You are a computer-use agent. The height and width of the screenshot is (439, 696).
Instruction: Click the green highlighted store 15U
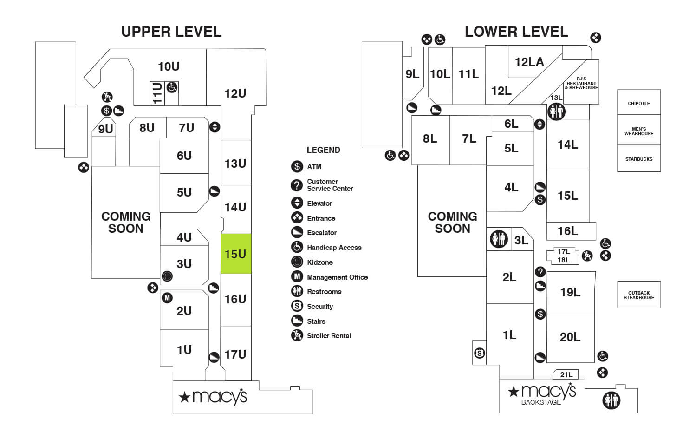click(x=236, y=254)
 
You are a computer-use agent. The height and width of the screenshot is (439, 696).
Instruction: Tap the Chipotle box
click(x=638, y=103)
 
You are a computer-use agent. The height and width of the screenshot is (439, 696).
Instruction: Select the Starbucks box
click(x=638, y=159)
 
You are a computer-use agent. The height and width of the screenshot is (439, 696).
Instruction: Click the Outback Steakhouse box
click(x=638, y=295)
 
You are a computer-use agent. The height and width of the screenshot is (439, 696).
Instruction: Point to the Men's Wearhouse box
click(x=638, y=131)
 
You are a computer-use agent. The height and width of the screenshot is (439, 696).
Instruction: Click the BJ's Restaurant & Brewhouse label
click(x=581, y=83)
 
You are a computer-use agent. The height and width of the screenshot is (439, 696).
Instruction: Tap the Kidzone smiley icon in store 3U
click(x=167, y=276)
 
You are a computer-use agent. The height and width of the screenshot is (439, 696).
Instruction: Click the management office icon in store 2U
click(x=167, y=298)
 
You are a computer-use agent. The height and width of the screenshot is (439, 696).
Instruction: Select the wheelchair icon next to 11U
click(x=172, y=87)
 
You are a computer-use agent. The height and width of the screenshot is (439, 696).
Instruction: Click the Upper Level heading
click(x=171, y=32)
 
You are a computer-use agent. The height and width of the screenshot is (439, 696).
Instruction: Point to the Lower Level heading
click(x=516, y=32)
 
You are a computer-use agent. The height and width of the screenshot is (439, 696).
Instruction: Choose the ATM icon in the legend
click(x=297, y=166)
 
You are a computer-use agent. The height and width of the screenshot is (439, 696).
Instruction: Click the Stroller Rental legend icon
click(x=297, y=335)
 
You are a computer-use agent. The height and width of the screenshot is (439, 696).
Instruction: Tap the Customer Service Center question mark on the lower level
click(x=540, y=272)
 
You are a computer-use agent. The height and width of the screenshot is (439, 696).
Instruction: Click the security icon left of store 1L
click(x=480, y=354)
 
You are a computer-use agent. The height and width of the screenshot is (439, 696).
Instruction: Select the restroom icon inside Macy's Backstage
click(x=611, y=400)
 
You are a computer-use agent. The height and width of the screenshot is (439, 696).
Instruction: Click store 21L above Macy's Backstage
click(x=566, y=374)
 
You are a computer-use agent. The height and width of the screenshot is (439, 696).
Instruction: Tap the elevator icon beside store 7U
click(x=215, y=127)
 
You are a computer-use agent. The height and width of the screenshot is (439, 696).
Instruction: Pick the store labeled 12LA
click(x=529, y=62)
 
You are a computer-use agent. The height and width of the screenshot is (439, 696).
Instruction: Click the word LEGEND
click(x=323, y=150)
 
